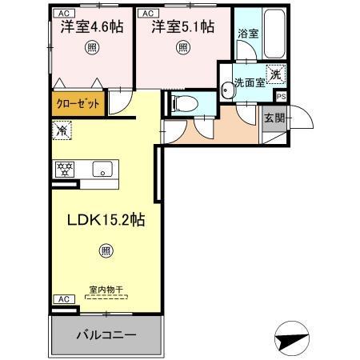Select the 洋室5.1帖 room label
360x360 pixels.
[184, 26]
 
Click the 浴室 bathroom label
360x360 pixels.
[246, 34]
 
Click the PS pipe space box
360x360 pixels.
[279, 96]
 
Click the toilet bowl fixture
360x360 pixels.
[181, 102]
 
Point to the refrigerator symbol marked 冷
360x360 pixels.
[62, 127]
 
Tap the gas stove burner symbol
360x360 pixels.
[64, 169]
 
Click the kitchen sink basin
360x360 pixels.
[102, 169]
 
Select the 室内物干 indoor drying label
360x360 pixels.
[106, 290]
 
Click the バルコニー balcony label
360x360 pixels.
[106, 334]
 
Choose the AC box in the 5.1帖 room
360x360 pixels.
[146, 14]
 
